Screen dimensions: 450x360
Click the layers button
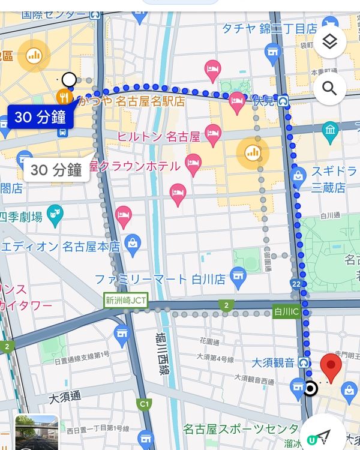[329, 42]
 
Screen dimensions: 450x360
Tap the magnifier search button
[329, 89]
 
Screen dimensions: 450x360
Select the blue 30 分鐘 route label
[40, 117]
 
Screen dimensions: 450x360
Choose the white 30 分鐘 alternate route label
[56, 170]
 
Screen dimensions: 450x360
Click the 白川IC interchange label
[286, 311]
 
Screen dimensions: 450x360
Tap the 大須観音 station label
[272, 362]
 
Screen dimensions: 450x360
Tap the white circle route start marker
[69, 79]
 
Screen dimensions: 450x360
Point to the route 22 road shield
[295, 283]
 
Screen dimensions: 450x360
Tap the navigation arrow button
[324, 435]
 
